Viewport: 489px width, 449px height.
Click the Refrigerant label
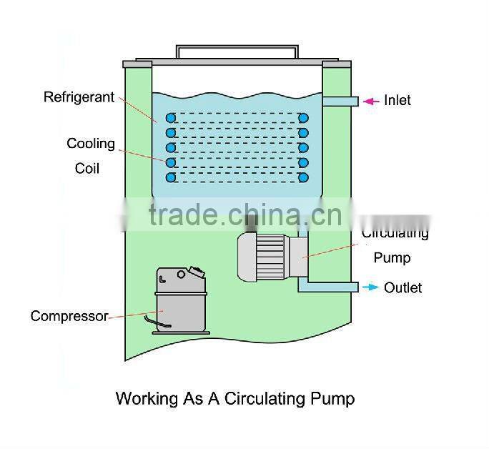click(x=79, y=97)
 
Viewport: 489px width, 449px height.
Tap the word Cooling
click(x=91, y=143)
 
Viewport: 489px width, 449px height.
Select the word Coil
click(x=87, y=169)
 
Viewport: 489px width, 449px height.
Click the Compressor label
click(x=69, y=315)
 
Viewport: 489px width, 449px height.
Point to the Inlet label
click(x=397, y=100)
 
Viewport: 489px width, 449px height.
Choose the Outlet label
click(x=402, y=287)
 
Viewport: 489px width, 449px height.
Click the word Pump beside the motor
click(x=392, y=257)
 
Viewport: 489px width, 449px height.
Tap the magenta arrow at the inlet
click(x=370, y=101)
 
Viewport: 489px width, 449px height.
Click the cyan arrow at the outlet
click(x=370, y=287)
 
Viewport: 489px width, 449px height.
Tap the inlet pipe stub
click(x=340, y=102)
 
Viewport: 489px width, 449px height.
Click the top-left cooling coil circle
click(x=170, y=117)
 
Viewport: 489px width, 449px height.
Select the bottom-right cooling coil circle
click(x=303, y=177)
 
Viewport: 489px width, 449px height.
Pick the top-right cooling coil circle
click(x=303, y=117)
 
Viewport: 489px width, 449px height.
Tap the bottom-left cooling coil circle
click(x=170, y=177)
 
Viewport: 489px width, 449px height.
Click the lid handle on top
click(x=236, y=51)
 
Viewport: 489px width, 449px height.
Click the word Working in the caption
click(x=146, y=398)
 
